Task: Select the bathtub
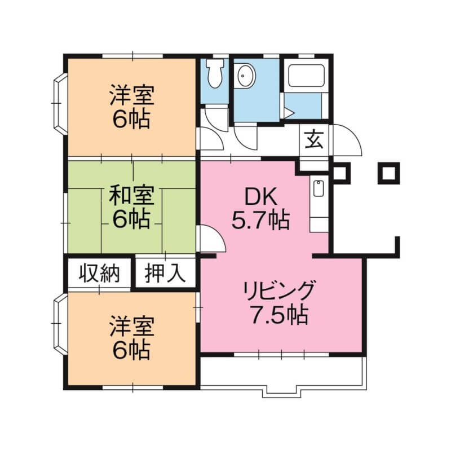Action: (306, 76)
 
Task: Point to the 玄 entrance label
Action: (315, 139)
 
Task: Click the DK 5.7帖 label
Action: (260, 208)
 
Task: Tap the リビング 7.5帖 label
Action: (278, 302)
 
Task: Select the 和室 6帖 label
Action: (131, 207)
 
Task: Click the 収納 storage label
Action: (99, 274)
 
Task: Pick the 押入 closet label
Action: (165, 274)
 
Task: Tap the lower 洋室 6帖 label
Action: (131, 338)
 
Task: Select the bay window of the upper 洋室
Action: (60, 104)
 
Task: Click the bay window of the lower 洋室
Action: (60, 324)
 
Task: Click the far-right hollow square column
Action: (389, 173)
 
